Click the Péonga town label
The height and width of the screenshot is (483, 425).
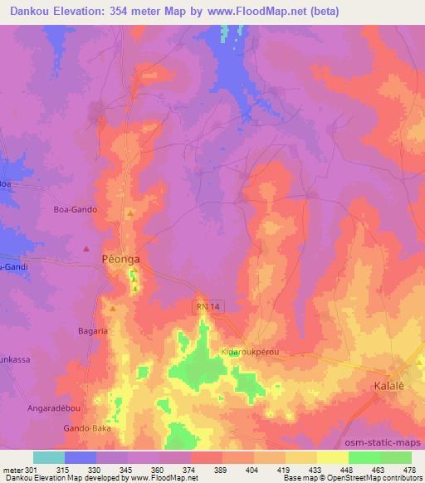click(120, 259)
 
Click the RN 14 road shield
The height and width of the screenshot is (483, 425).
click(209, 306)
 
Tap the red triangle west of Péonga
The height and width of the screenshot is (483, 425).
click(86, 247)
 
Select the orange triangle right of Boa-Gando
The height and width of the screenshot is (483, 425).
click(129, 213)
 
